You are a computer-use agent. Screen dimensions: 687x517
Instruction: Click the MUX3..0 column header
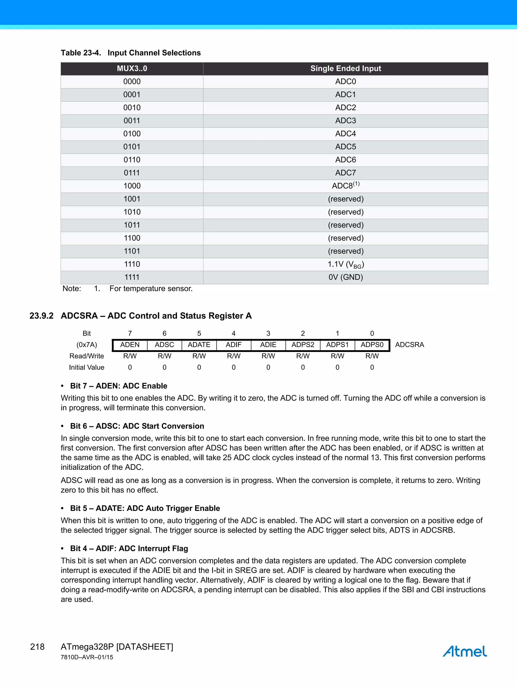[132, 69]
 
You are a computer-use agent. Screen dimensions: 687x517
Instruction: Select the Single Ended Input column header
[345, 69]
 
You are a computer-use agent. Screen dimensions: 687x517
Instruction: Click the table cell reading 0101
[132, 147]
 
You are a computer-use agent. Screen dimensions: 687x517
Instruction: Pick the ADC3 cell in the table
[345, 121]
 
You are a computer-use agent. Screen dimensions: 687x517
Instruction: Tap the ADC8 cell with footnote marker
[345, 186]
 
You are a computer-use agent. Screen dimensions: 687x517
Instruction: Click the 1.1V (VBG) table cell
[345, 264]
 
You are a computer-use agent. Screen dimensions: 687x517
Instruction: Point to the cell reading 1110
[132, 264]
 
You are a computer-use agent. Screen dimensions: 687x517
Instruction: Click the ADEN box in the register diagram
[130, 345]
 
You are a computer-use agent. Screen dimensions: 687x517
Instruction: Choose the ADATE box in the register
[199, 345]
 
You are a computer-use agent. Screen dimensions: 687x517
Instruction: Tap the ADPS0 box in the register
[372, 345]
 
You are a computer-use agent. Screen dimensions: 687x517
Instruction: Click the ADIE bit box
[268, 345]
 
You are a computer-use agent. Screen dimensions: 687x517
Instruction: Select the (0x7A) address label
[87, 345]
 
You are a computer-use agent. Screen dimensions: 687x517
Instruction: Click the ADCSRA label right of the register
[409, 345]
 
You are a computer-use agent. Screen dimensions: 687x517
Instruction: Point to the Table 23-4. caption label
[81, 53]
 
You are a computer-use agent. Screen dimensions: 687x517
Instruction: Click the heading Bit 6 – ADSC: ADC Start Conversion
[137, 426]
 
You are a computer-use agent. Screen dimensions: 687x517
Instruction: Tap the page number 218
[37, 647]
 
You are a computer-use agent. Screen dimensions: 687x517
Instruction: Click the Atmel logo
[464, 651]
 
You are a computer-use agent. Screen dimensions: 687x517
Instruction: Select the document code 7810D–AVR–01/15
[87, 657]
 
